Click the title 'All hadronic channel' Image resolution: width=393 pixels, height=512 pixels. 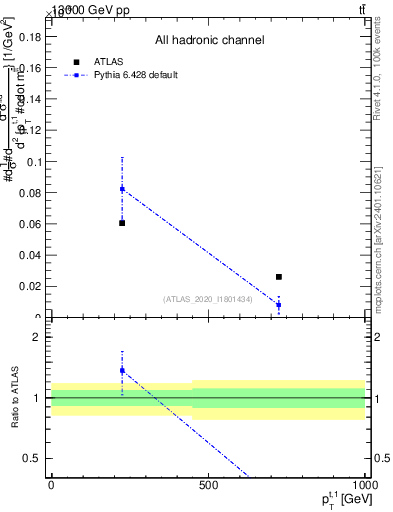[x=209, y=40]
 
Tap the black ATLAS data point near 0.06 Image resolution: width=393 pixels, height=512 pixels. [x=122, y=223]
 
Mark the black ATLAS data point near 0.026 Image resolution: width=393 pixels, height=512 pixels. [x=279, y=277]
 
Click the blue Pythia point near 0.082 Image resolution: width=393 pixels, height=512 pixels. [x=122, y=189]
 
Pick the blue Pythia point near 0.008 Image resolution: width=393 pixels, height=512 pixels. [x=279, y=305]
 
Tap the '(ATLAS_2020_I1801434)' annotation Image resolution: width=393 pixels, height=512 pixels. [x=207, y=298]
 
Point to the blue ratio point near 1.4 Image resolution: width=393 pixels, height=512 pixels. [x=122, y=371]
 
